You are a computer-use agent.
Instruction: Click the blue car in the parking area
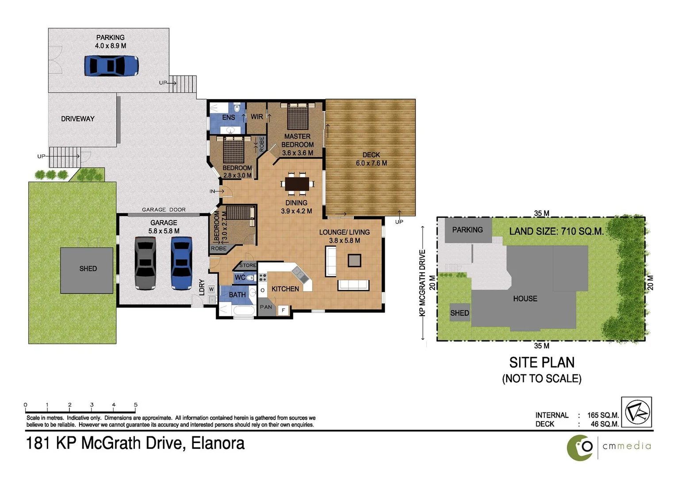point(111,66)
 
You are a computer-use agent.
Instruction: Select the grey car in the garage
point(145,263)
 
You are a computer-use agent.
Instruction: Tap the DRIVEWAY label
point(78,119)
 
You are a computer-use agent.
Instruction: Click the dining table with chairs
point(297,183)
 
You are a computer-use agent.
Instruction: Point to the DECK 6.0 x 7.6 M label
point(371,159)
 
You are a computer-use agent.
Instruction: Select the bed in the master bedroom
point(297,116)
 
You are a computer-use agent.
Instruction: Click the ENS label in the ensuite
point(228,117)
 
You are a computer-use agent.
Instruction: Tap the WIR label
point(256,117)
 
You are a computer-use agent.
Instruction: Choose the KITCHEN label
point(285,289)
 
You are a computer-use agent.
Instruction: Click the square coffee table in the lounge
point(354,260)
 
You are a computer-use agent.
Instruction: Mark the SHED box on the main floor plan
point(87,270)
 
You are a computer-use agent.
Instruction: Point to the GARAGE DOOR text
point(164,210)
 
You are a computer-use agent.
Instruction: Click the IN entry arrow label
point(213,191)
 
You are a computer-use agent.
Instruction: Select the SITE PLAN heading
point(542,362)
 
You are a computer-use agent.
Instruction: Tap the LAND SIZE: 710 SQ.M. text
point(556,231)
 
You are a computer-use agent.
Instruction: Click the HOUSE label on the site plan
point(525,299)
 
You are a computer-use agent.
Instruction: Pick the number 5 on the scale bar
point(136,405)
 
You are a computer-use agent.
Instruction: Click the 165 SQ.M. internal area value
point(602,415)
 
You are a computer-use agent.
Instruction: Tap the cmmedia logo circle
point(580,447)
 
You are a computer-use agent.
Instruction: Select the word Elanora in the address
point(218,443)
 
